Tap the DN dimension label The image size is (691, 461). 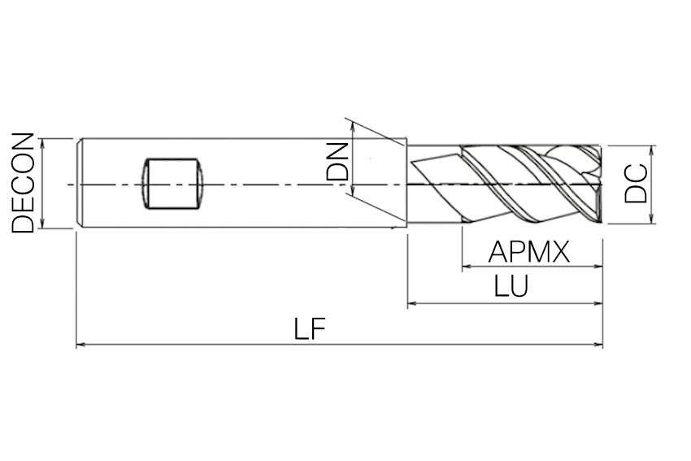[337, 161]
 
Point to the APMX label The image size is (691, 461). [529, 252]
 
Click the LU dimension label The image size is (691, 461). [511, 287]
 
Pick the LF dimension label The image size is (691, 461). [310, 329]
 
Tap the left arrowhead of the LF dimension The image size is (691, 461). [80, 346]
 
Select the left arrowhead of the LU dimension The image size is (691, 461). [411, 304]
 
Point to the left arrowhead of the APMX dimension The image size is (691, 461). [466, 266]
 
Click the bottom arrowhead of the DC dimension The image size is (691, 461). [653, 219]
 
